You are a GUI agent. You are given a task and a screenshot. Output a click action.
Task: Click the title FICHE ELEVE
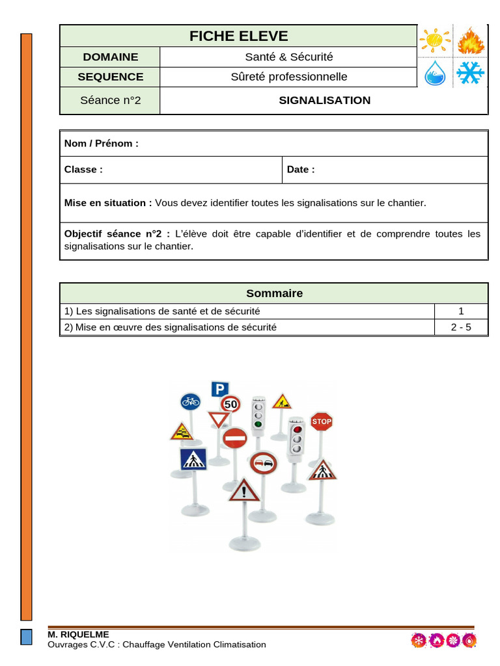238,36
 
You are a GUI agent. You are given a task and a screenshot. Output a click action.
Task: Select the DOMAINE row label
110,57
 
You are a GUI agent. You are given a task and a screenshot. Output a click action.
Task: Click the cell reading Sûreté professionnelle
288,77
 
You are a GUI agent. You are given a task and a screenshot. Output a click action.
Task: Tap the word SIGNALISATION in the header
324,100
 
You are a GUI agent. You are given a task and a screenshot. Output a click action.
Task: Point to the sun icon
434,41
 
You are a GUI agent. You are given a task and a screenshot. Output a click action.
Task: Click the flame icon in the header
469,41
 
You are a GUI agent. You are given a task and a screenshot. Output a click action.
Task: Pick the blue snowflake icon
469,73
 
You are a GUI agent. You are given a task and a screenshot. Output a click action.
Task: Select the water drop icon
434,73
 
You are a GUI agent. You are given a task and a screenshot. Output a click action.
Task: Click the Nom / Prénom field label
101,143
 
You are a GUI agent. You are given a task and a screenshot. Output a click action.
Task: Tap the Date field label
300,169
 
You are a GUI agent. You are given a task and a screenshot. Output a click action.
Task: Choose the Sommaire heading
274,293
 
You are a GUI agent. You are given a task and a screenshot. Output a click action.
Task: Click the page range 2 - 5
461,327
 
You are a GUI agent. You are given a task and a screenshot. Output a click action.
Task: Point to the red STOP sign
321,421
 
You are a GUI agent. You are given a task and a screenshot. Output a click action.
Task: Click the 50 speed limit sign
231,404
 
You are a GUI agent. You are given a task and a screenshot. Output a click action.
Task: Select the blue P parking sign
219,389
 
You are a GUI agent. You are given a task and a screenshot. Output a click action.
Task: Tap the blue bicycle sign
190,401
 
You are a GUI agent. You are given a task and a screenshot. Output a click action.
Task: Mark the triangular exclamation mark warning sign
244,489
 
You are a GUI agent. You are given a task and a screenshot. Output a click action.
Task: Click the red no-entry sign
234,438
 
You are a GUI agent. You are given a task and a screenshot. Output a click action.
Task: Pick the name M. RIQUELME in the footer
78,634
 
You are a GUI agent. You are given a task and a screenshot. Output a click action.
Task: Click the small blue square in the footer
26,637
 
